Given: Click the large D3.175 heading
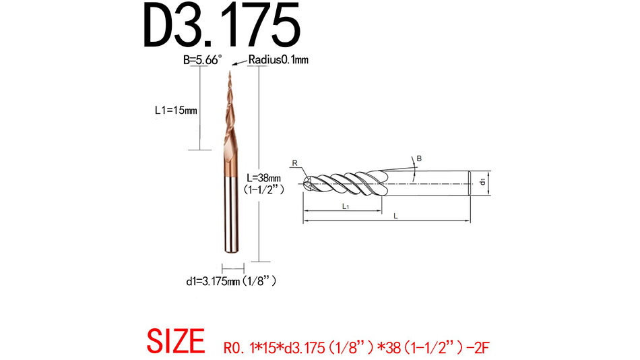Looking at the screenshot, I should (x=222, y=26).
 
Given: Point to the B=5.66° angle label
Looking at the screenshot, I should (x=203, y=60).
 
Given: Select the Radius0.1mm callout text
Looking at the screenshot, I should (x=278, y=60).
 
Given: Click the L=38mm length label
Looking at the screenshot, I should (x=266, y=177).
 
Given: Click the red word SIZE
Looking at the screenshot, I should (x=176, y=342).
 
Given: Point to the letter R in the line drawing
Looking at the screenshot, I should (x=294, y=162).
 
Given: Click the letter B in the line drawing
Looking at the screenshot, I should (x=419, y=158).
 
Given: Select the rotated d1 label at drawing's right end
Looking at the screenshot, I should (x=483, y=181).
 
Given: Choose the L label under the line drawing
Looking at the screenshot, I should (x=395, y=216).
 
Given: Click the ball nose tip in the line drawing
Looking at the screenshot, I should (x=307, y=182).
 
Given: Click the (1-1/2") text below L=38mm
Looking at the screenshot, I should (x=266, y=189).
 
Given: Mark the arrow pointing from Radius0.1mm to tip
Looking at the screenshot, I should (x=238, y=63).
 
